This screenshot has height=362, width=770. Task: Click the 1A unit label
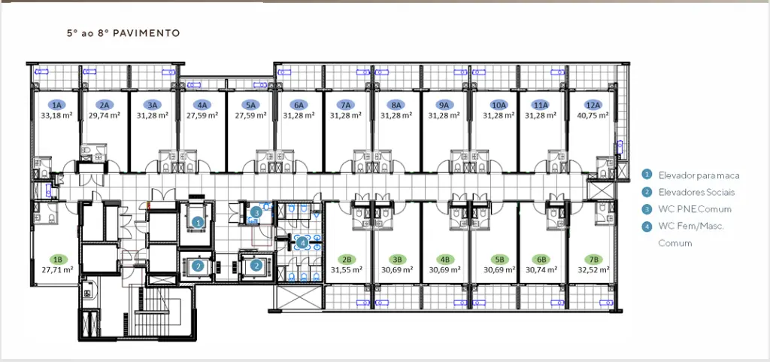pos(57,105)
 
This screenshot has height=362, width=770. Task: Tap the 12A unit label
pos(593,105)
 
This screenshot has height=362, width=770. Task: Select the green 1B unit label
pos(57,259)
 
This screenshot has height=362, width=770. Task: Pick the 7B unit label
pos(593,259)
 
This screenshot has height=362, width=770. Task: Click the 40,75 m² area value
pos(593,115)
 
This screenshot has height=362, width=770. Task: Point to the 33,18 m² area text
pos(57,115)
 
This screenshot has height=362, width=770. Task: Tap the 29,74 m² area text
pos(104,115)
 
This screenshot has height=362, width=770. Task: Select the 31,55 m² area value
pos(346,269)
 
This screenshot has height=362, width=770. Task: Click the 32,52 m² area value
pos(593,269)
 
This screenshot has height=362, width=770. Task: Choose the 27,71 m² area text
pos(57,269)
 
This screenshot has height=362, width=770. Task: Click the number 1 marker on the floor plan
pos(198,222)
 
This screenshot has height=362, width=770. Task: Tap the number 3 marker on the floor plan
pos(256,213)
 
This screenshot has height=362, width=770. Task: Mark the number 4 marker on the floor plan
pos(302,242)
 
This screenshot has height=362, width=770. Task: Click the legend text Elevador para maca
pos(699,175)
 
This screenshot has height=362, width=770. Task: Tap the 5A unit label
pos(251,105)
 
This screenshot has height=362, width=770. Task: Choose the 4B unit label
pos(445,259)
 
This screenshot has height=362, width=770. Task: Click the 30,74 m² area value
pos(541,269)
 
